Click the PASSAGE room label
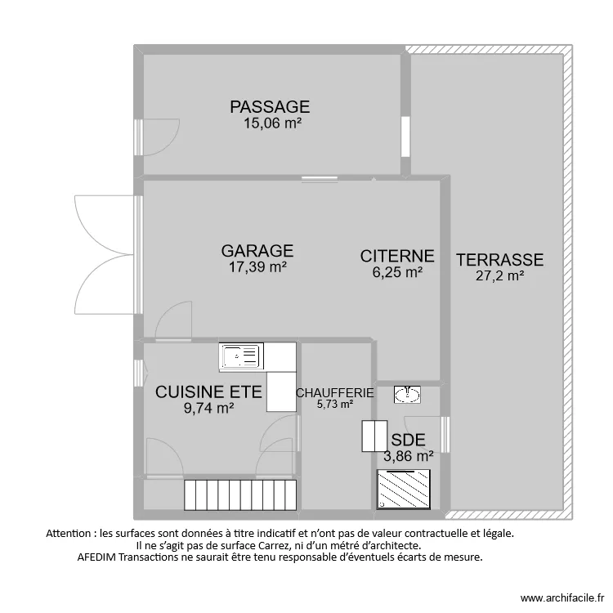pos(270,107)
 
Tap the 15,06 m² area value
pos(272,123)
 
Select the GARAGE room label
pos(257,251)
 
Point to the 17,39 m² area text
pos(257,267)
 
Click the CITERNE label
pos(397,256)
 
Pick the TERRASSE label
pos(500,260)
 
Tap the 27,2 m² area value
pos(500,276)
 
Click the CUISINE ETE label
pos(208,392)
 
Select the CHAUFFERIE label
pos(335,392)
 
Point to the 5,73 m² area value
pos(335,404)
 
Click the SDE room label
pos(408,441)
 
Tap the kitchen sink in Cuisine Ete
pos(241,356)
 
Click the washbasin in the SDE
pos(407,395)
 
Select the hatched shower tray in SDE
pos(404,490)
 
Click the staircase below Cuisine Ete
pos(240,495)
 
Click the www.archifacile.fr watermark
pos(562,598)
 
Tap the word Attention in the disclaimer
pos(69,533)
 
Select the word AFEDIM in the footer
pos(96,557)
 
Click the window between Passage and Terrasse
pos(405,136)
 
